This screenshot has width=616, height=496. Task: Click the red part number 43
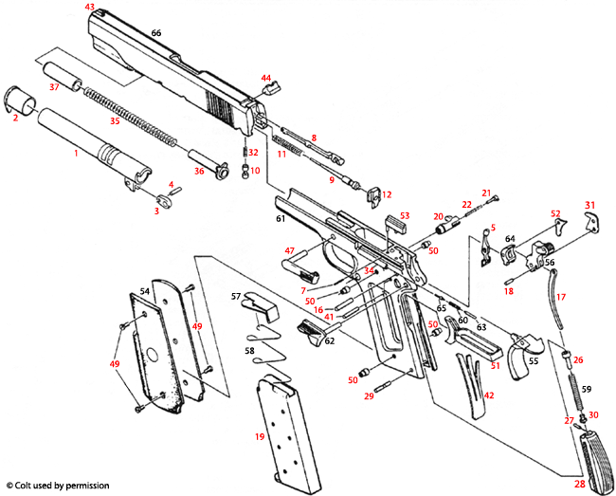tap(90, 7)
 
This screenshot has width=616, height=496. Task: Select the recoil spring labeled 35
tap(128, 116)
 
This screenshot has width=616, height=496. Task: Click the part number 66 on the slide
tap(156, 33)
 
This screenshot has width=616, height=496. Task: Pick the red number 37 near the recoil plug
tap(54, 86)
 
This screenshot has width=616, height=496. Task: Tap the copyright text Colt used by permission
tap(57, 486)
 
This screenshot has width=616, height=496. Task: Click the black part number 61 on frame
tap(281, 219)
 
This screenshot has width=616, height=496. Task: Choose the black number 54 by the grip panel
tap(144, 291)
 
